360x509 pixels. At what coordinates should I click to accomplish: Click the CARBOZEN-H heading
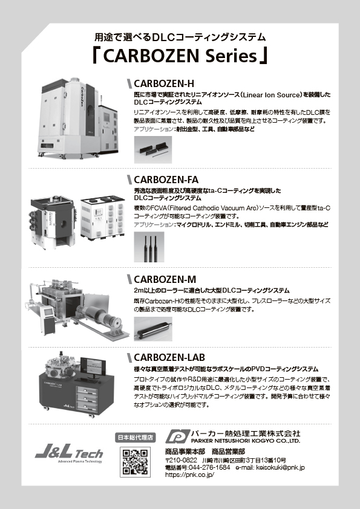click(164, 84)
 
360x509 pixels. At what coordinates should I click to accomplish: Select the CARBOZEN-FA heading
click(166, 180)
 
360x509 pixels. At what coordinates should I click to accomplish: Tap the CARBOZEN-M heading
click(165, 279)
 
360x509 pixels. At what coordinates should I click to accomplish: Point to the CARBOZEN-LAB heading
click(169, 357)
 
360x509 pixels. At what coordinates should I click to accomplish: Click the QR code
click(135, 462)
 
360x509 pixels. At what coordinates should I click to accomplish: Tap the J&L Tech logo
click(69, 453)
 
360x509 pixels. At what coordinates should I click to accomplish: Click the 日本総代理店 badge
click(135, 437)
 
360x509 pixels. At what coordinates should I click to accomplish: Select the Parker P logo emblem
click(177, 436)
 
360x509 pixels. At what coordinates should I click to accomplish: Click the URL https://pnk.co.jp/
click(190, 475)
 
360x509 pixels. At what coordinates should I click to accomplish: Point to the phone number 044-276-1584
click(209, 468)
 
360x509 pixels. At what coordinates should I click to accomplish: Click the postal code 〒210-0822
click(181, 460)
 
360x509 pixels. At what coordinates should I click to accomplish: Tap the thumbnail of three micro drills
click(149, 247)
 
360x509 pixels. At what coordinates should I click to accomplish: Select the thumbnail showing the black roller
click(153, 329)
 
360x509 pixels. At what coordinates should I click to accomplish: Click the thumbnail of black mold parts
click(153, 150)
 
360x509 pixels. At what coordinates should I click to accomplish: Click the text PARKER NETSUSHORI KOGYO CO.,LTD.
click(246, 441)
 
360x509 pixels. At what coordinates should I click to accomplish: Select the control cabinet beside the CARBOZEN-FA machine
click(103, 218)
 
